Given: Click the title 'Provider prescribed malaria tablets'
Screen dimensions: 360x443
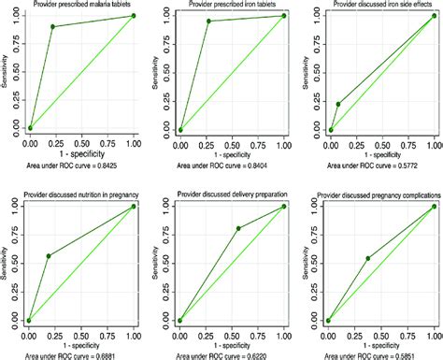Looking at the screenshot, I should pos(81,6).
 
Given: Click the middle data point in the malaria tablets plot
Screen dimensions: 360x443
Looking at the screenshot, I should pos(53,26).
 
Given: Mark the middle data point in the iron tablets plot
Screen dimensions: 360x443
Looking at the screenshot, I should pos(208,22).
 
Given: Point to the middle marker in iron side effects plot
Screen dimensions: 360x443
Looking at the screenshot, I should pos(338,104).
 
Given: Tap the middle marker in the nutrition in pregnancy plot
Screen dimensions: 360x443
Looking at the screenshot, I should pos(48,256).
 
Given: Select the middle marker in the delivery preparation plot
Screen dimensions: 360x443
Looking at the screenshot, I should pos(237,228).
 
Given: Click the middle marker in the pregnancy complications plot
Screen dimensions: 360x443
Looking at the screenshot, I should pos(368,258).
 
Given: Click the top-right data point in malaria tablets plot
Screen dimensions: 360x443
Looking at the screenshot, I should pos(134,16).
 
